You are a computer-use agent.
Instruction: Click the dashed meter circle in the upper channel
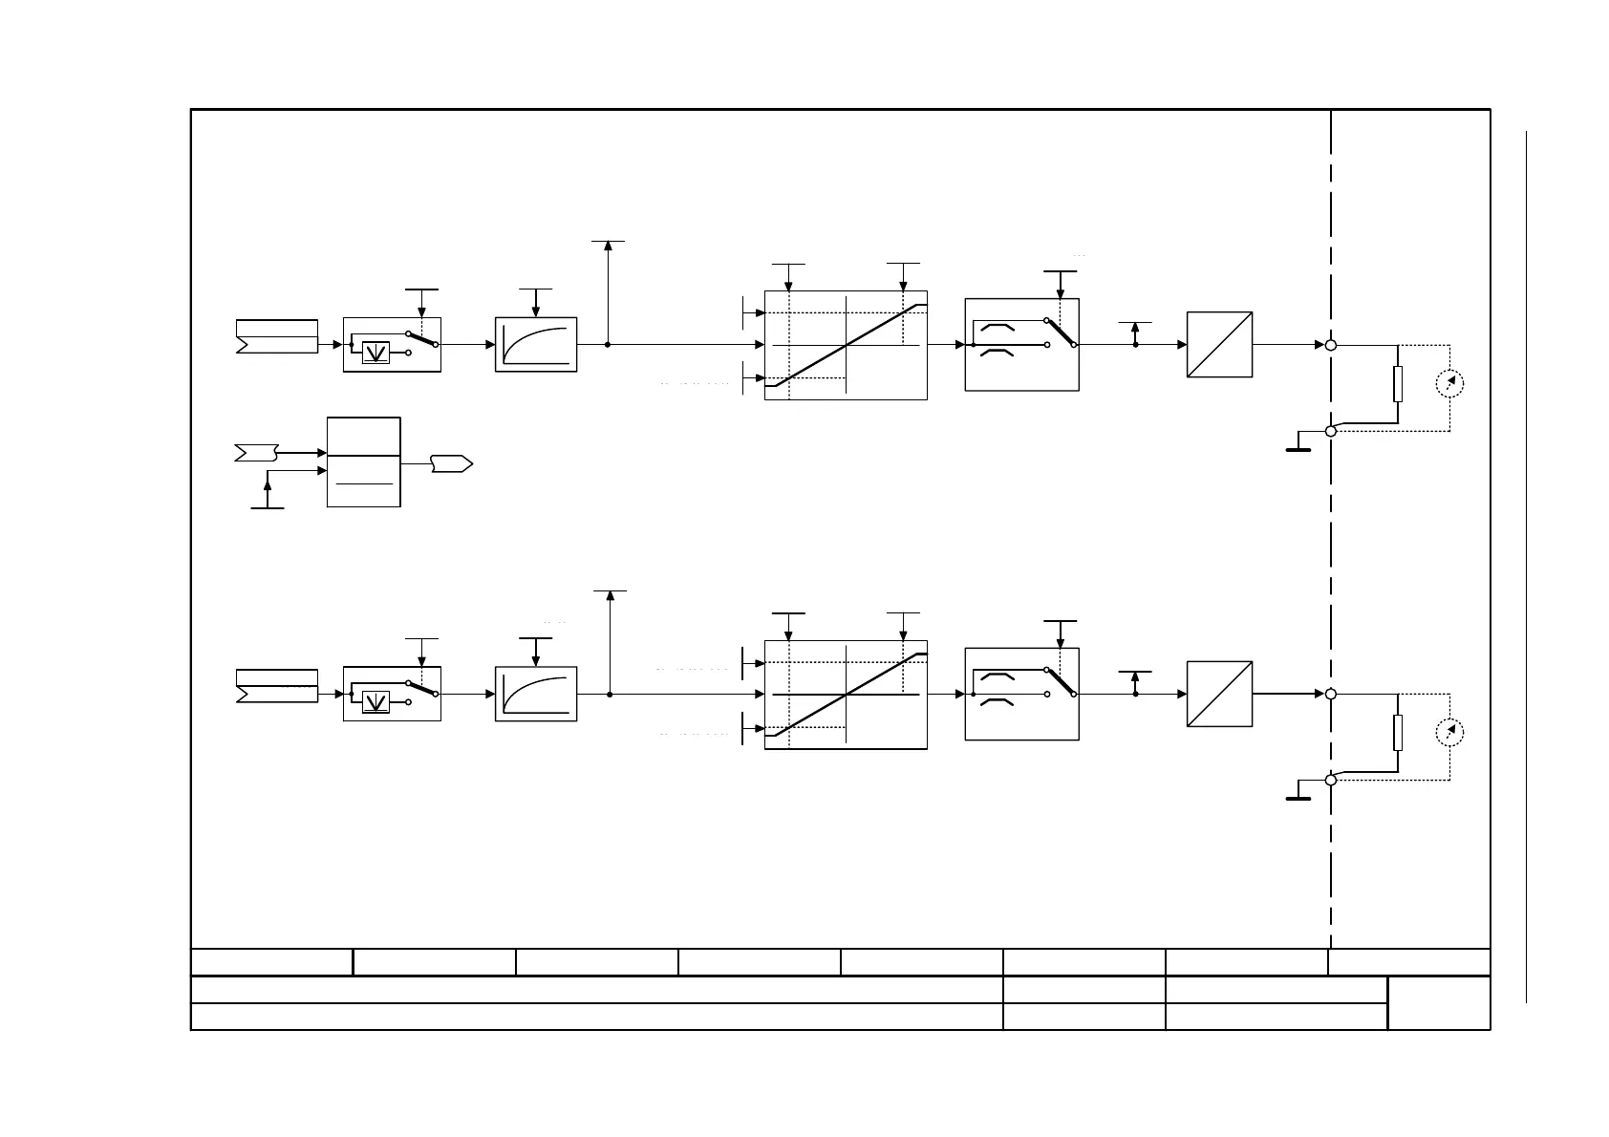click(1449, 383)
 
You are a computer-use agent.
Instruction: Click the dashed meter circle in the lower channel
click(1449, 733)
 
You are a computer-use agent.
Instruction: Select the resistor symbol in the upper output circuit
click(1398, 383)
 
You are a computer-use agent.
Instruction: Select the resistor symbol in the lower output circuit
click(1398, 733)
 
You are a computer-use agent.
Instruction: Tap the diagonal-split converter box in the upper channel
click(1219, 345)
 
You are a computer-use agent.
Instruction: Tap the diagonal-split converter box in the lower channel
click(1219, 694)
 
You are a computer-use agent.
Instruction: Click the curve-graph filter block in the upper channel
click(536, 344)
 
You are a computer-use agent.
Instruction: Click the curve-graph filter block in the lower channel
click(536, 694)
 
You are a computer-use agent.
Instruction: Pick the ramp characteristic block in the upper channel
click(846, 345)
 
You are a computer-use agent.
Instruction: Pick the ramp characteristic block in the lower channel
click(846, 695)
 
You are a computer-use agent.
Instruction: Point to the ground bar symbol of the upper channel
click(1298, 447)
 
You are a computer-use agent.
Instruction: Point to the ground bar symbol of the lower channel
click(1298, 796)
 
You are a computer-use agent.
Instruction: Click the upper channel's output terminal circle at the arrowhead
click(1331, 345)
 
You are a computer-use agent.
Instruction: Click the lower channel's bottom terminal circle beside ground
click(1331, 781)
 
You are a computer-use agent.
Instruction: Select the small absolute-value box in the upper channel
click(376, 353)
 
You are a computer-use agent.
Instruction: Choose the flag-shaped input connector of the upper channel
click(276, 336)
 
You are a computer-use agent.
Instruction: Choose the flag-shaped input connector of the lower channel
click(276, 686)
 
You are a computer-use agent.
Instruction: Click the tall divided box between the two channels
click(363, 461)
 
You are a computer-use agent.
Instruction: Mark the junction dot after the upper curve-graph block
click(608, 345)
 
